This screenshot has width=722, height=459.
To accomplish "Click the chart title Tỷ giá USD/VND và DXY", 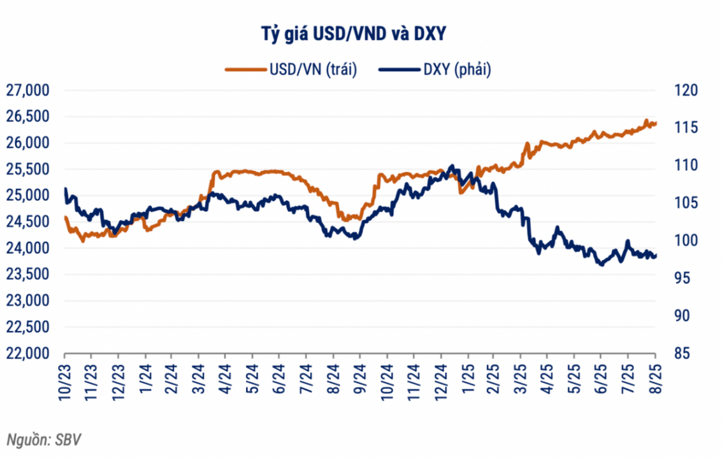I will (361, 34).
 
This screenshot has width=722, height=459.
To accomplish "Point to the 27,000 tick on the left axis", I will (27, 91).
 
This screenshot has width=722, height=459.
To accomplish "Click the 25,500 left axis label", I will (27, 170).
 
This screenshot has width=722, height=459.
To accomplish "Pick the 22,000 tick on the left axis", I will (27, 354).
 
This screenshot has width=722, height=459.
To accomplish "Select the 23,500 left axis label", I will (27, 275).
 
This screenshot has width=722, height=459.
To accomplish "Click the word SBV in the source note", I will (68, 440).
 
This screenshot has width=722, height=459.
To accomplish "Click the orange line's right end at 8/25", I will (656, 124).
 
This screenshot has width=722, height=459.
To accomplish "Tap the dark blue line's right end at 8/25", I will (656, 256).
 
